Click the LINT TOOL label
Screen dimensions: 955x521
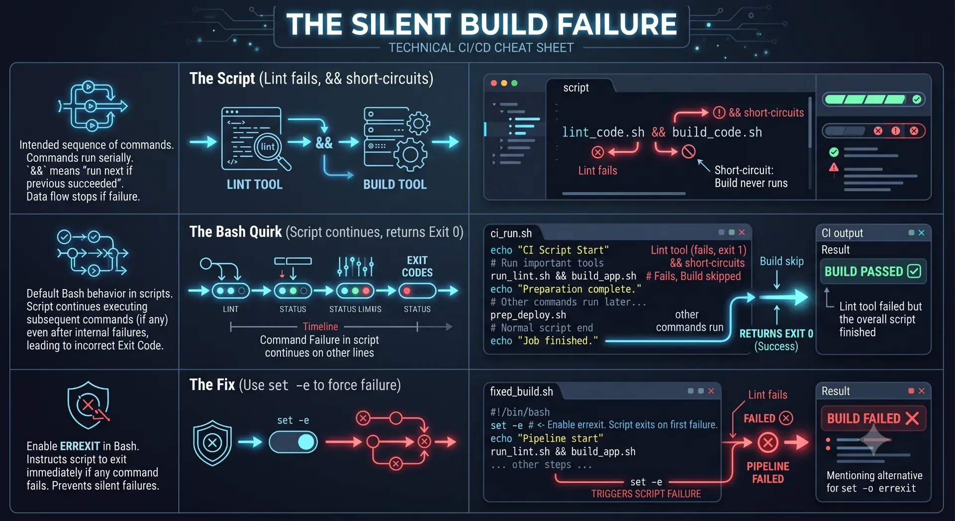coord(254,185)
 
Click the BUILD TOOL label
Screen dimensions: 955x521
coord(395,185)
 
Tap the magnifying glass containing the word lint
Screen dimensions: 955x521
coord(270,149)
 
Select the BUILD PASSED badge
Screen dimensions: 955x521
coord(873,271)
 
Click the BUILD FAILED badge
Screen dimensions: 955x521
coord(873,418)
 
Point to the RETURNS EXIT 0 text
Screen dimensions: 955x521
coord(776,333)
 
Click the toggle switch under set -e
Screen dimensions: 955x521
coord(293,442)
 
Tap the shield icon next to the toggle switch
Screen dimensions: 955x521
coord(212,443)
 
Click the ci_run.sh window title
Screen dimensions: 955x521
coord(511,233)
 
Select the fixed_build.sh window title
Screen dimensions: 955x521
coord(521,392)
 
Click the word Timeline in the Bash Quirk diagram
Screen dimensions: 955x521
coord(320,326)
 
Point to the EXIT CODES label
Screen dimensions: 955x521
coord(417,266)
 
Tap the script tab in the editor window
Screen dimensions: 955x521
coord(576,88)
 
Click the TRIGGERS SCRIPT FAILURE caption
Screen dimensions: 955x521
coord(646,494)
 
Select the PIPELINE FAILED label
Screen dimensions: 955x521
coord(768,473)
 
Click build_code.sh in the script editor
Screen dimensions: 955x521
coord(717,132)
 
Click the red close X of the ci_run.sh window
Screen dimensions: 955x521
coord(742,232)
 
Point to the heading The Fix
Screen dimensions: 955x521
coord(212,385)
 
